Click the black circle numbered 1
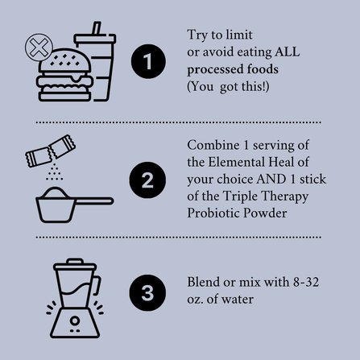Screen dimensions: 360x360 tap(148, 61)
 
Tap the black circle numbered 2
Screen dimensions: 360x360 tap(147, 180)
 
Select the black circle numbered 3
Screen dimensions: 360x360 tap(147, 293)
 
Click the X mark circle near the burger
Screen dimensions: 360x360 tap(39, 47)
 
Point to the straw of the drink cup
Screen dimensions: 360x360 tap(97, 28)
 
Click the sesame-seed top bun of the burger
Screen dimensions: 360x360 tap(64, 61)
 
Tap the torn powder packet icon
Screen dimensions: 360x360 tap(51, 151)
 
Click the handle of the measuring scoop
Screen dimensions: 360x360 tap(94, 201)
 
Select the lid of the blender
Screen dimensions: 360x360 tap(75, 264)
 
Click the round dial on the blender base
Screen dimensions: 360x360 tap(75, 321)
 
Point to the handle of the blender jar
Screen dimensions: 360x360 tap(97, 285)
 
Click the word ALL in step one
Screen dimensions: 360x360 tap(287, 52)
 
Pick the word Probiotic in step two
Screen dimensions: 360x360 tap(213, 213)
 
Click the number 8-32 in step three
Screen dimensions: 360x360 tap(306, 282)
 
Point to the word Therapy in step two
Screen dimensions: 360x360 tap(285, 197)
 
